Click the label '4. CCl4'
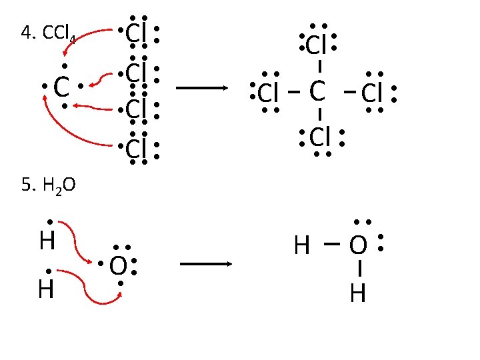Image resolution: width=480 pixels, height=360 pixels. tap(49, 33)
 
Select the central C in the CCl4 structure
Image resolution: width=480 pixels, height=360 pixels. tap(317, 92)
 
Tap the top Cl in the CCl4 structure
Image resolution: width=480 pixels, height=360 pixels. tap(316, 45)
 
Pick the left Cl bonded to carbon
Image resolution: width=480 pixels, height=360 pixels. tap(268, 93)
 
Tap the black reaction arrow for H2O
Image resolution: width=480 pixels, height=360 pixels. tap(205, 264)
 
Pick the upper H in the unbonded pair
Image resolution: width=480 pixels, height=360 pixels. tap(47, 241)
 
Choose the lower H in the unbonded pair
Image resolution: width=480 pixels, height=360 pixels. tap(46, 290)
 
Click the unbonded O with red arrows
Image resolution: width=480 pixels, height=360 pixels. tap(118, 266)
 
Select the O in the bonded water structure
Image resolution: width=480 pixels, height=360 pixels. tap(358, 246)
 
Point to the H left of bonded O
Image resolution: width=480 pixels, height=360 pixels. tap(301, 247)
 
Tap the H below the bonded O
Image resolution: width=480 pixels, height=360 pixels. tap(358, 293)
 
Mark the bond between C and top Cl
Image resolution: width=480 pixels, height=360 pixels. tap(321, 67)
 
